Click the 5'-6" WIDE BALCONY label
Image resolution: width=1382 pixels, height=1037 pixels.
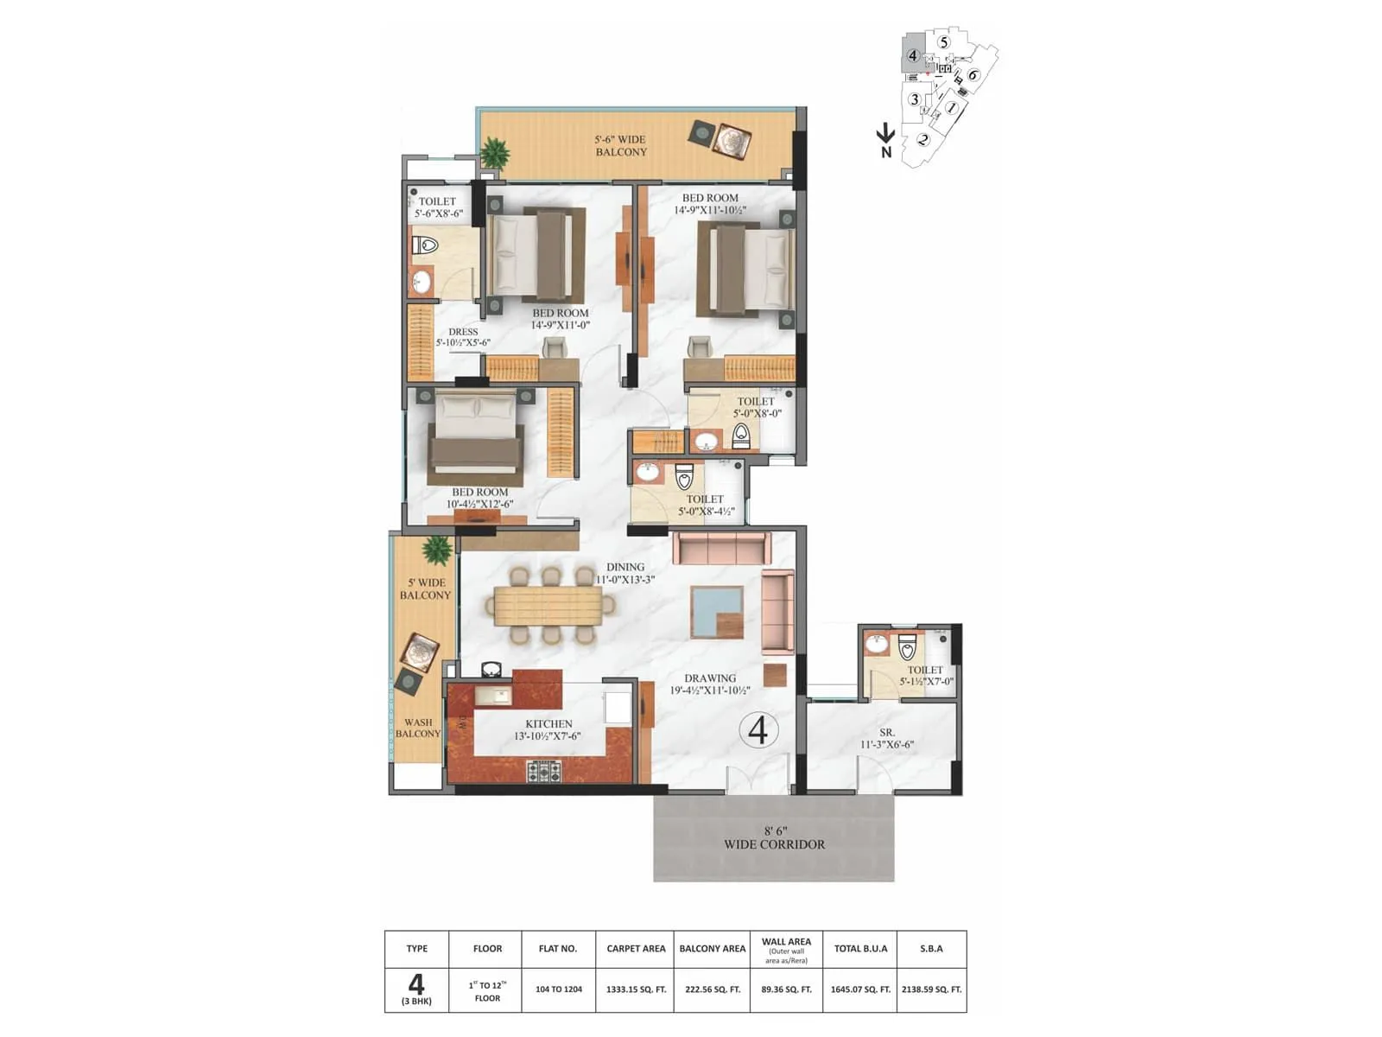(x=620, y=145)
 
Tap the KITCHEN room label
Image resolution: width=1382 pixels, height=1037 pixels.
(x=548, y=729)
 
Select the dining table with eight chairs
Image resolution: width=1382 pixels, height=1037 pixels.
(x=549, y=605)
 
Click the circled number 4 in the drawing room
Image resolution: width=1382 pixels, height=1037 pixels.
(x=758, y=730)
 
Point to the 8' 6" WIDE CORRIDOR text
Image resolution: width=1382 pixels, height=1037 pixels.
(x=774, y=837)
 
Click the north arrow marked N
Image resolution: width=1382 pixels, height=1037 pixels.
(x=885, y=140)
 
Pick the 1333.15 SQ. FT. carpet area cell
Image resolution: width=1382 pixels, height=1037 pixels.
(x=636, y=989)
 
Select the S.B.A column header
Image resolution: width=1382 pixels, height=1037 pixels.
(x=931, y=948)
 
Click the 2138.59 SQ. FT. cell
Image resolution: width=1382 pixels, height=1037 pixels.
(x=931, y=989)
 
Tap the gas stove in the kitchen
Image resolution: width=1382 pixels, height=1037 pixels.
(x=544, y=770)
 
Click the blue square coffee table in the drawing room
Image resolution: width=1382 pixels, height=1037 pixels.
(x=717, y=611)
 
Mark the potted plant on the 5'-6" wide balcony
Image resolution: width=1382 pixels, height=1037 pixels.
(x=494, y=154)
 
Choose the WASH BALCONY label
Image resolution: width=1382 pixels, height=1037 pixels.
(x=418, y=728)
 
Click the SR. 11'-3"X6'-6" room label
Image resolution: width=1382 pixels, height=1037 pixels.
(x=886, y=738)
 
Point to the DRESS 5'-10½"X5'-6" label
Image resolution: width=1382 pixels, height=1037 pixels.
(x=463, y=337)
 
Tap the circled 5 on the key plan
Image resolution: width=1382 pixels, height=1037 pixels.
(x=943, y=42)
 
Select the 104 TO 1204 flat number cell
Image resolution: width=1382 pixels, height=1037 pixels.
(x=558, y=989)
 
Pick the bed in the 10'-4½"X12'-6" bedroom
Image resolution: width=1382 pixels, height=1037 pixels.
(x=475, y=436)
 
